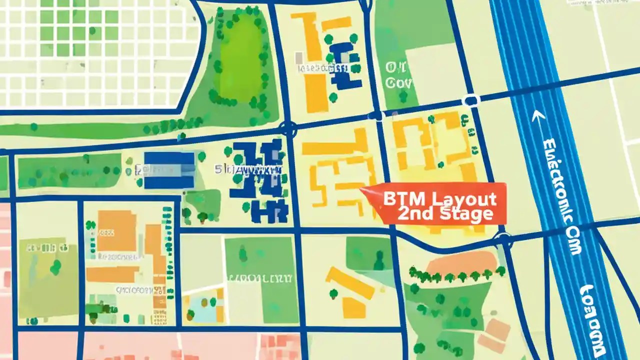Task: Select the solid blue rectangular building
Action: pyautogui.click(x=169, y=170)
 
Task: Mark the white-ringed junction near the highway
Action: pyautogui.click(x=470, y=101)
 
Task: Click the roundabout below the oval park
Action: pyautogui.click(x=288, y=128)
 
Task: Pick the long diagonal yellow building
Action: pyautogui.click(x=349, y=283)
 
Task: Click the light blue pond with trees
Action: pyautogui.click(x=202, y=307)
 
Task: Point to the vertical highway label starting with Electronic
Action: pyautogui.click(x=562, y=195)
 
